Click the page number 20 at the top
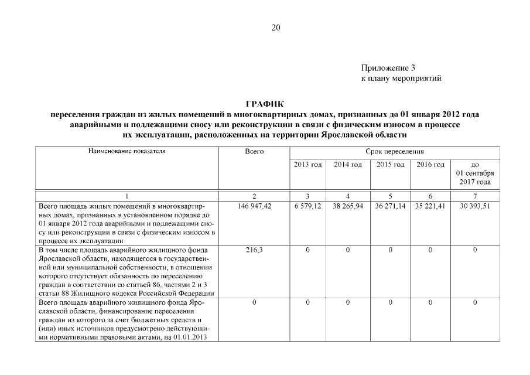(276, 28)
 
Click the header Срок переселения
(395, 152)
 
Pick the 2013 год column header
(307, 165)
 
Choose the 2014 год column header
(348, 165)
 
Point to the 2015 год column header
(390, 165)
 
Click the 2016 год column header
(430, 165)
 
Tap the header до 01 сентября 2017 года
(474, 173)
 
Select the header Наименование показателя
(127, 151)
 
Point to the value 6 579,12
(307, 207)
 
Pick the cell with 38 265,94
(348, 207)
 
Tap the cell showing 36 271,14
(390, 207)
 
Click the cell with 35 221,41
(430, 207)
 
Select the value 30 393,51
(474, 207)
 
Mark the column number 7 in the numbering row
(474, 196)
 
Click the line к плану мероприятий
(401, 78)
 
